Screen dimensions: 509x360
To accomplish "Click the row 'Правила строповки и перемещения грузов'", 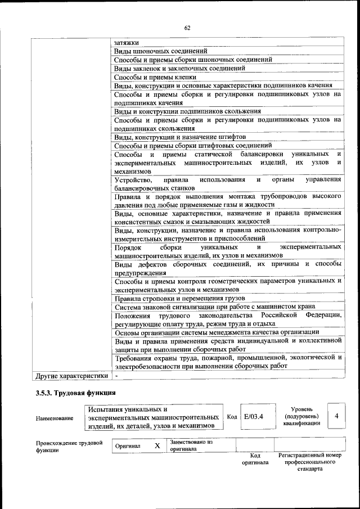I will point(179,298).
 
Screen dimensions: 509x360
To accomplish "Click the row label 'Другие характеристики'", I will point(71,375).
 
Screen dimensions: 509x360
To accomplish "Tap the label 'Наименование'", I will point(54,418).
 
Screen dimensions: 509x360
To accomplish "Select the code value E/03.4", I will point(254,417).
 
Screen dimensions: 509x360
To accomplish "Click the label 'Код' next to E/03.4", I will point(231,417).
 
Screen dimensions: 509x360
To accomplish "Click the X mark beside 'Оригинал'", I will point(157,445).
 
